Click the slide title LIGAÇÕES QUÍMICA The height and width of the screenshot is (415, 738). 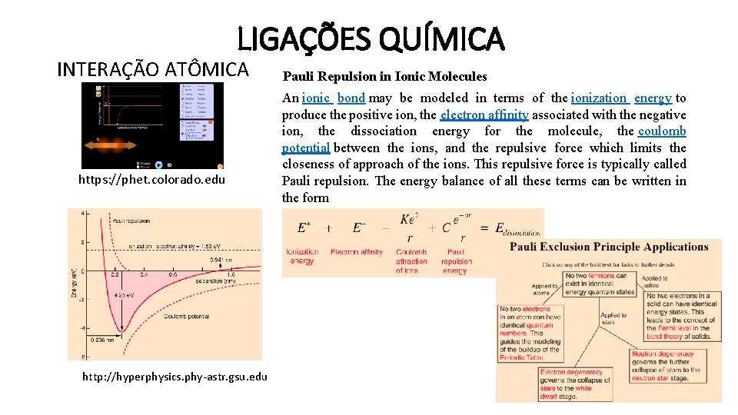coord(371,38)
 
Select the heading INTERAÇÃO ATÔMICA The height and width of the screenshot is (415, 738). coord(153,70)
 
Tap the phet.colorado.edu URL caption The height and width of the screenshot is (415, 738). coord(151,180)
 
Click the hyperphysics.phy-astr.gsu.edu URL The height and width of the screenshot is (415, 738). coord(175,376)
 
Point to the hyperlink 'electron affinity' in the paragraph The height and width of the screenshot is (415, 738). coord(484,115)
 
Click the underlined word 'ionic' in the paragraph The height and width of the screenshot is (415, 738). coord(316,98)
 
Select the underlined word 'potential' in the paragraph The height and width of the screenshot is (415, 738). coord(306,148)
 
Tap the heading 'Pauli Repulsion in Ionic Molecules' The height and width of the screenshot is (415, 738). coord(384,76)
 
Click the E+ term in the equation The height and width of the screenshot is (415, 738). coord(304,227)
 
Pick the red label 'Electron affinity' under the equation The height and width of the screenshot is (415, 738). coord(356,252)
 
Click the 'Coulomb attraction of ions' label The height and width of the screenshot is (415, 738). coord(411,261)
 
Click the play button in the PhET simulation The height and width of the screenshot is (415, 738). coord(159,164)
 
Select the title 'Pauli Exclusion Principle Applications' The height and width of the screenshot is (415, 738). coord(609,247)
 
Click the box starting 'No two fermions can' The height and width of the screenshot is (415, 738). coord(600,284)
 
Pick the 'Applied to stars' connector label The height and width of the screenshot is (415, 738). coord(613,318)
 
